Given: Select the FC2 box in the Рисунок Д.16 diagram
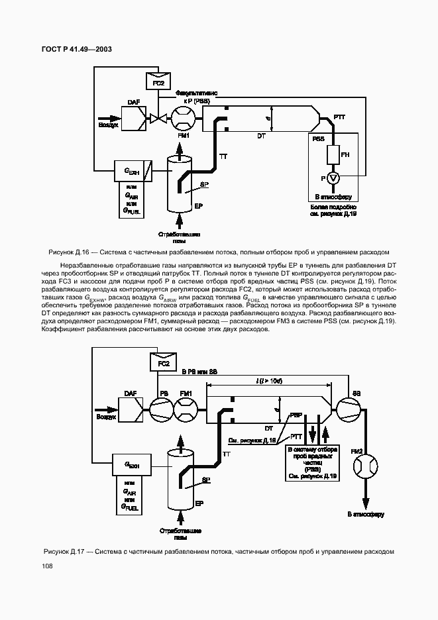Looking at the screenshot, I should pyautogui.click(x=158, y=81).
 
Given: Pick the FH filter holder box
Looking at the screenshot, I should pyautogui.click(x=333, y=154).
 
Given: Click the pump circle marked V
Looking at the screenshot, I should pyautogui.click(x=333, y=178).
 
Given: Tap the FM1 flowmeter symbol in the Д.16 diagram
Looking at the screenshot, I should pyautogui.click(x=184, y=119).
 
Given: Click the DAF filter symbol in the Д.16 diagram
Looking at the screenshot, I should pyautogui.click(x=135, y=119).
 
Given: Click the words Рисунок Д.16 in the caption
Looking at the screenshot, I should pyautogui.click(x=70, y=252).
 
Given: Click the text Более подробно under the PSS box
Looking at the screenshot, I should pyautogui.click(x=333, y=207).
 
